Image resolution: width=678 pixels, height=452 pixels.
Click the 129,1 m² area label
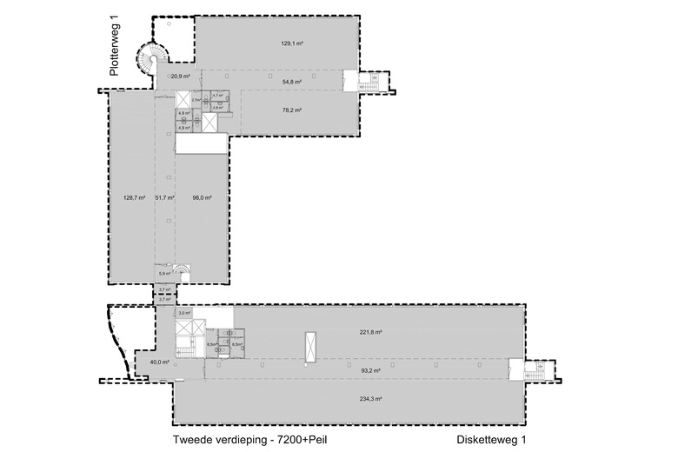pyautogui.click(x=291, y=42)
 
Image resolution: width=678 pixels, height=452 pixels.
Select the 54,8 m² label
pyautogui.click(x=291, y=83)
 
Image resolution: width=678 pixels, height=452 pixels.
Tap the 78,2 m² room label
pyautogui.click(x=291, y=110)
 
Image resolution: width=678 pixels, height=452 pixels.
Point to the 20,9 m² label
pyautogui.click(x=180, y=77)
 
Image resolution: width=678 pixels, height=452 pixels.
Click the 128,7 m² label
pyautogui.click(x=134, y=197)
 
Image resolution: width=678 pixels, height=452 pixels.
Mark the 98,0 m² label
pyautogui.click(x=202, y=197)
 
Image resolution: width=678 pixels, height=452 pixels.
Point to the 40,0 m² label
pyautogui.click(x=159, y=362)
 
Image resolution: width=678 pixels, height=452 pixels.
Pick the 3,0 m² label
pyautogui.click(x=184, y=313)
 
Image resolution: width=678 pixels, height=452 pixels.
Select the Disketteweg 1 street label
pyautogui.click(x=491, y=440)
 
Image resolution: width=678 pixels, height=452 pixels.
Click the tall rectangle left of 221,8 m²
pyautogui.click(x=309, y=344)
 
